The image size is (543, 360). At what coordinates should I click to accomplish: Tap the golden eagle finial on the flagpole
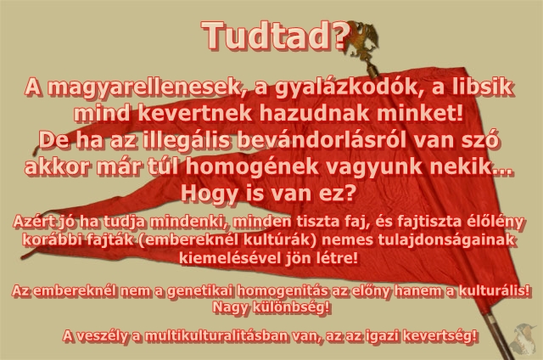(361, 40)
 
